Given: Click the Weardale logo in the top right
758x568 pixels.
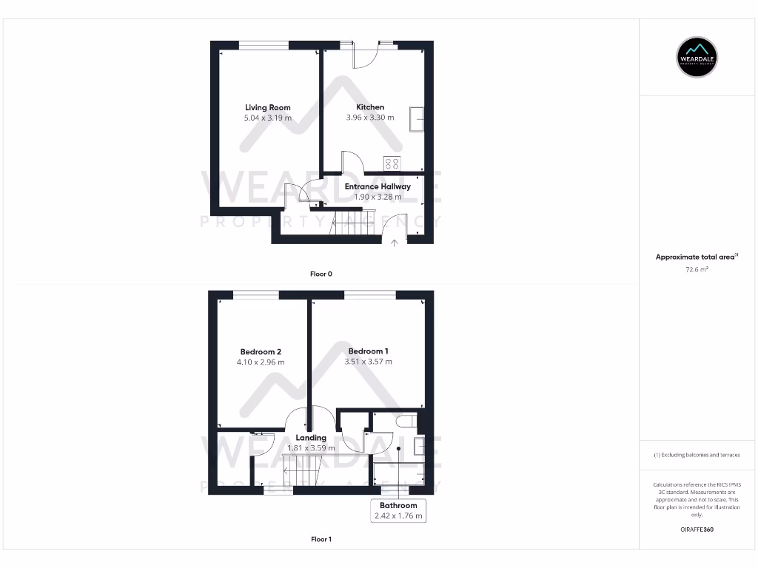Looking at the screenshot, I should point(697,56).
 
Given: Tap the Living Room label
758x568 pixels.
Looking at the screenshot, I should point(268,107).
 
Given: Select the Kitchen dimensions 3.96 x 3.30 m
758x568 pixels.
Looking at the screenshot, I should point(370,118).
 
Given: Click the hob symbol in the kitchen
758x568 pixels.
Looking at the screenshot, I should point(392,163).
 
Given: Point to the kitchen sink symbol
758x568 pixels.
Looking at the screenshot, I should point(418,118).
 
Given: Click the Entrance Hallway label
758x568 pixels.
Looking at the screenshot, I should point(378,186).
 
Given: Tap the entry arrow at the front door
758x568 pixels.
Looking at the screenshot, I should point(395,242).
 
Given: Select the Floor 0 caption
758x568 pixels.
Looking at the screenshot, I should point(321,274).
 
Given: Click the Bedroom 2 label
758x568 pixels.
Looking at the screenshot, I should point(261,352).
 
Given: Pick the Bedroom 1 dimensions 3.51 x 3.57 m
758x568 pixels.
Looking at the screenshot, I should point(369,362).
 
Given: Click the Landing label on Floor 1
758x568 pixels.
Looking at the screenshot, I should point(311,438).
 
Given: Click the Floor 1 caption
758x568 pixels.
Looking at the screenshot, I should point(321,539).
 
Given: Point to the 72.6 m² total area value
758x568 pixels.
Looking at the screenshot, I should point(697,270).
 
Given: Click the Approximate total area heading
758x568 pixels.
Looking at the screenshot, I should point(696,257).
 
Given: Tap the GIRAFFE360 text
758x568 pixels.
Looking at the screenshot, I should point(697,530).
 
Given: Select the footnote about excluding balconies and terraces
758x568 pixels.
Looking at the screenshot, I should point(697,455).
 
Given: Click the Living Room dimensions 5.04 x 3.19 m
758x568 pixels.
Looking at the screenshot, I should point(268,118).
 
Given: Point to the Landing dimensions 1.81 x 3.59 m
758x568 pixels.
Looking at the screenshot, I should point(311,448).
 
